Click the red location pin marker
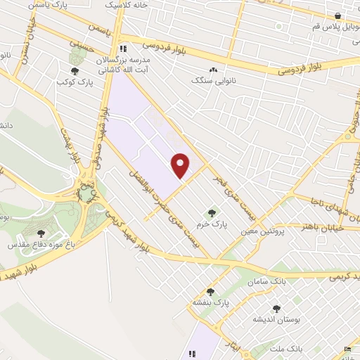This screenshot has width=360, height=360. click(181, 165)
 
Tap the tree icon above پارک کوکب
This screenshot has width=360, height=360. click(75, 70)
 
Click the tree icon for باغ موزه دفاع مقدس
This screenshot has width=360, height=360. click(41, 233)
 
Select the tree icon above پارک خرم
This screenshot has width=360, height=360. click(211, 213)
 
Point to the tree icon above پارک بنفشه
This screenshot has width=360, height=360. click(210, 292)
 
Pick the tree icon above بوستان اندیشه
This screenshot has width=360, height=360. click(276, 309)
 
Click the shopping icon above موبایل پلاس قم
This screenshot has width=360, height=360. click(338, 15)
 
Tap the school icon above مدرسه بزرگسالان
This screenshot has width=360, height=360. click(124, 49)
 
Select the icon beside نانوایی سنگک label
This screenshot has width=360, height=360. click(213, 70)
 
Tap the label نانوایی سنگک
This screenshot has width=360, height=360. click(210, 81)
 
